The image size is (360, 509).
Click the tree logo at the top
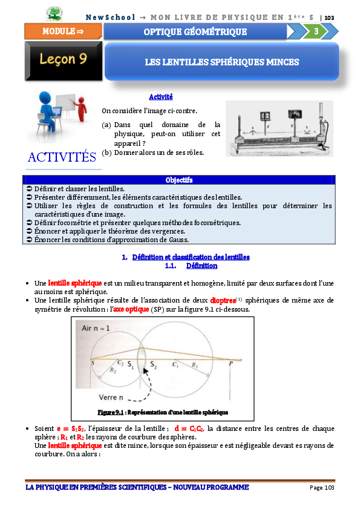[54, 14]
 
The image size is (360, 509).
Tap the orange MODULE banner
[63, 31]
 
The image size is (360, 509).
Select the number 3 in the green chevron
[316, 31]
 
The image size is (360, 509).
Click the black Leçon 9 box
[64, 61]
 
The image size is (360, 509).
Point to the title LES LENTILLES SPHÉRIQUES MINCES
[221, 62]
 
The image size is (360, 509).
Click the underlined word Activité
[161, 97]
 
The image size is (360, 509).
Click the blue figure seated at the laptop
[48, 112]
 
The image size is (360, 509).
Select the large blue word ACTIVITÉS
[62, 157]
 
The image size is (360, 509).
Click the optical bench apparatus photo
[280, 128]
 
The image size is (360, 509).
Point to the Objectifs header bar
[179, 180]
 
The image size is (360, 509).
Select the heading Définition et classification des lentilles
[191, 257]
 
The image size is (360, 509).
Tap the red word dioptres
[223, 300]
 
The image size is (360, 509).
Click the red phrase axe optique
[131, 309]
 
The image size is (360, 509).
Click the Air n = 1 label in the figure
[96, 328]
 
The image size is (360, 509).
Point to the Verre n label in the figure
[111, 397]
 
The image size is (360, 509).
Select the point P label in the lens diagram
[231, 364]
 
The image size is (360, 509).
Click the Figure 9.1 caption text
[163, 412]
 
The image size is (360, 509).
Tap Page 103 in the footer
[322, 487]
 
